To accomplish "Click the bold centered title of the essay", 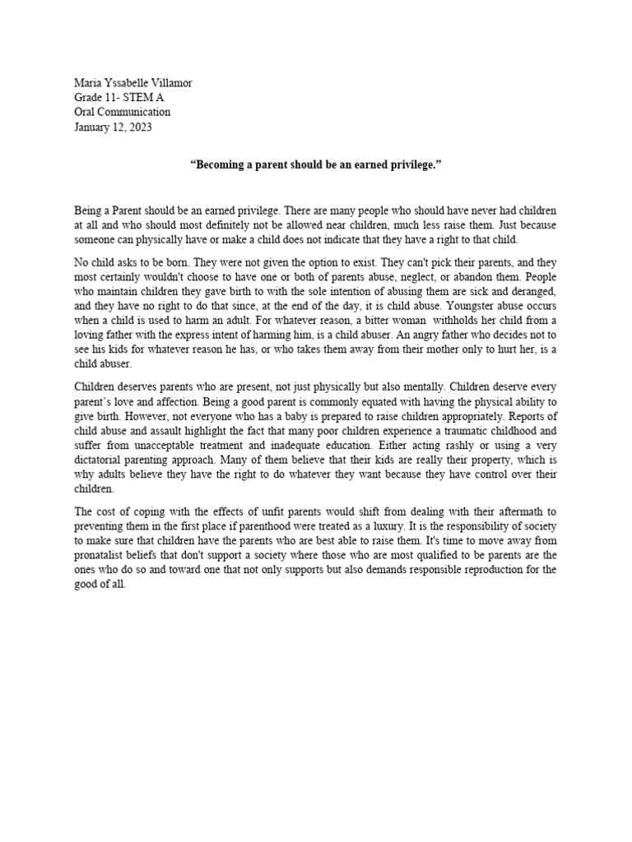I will (315, 165).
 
